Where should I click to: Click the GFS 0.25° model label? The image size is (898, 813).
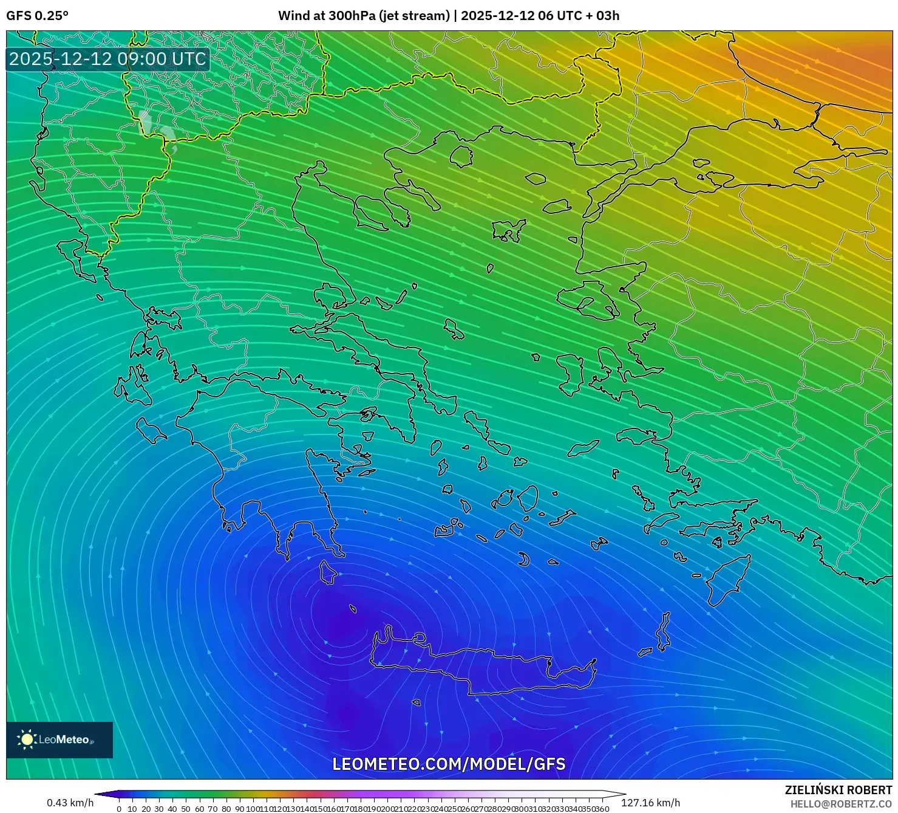coord(37,16)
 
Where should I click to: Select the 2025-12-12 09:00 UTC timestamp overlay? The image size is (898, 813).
coord(107,59)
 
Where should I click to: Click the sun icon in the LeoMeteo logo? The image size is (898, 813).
coord(27,739)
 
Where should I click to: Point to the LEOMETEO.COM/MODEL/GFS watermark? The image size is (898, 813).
coord(449,764)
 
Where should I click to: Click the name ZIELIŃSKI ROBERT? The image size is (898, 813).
coord(838,791)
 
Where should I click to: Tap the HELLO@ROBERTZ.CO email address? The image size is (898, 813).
coord(841,804)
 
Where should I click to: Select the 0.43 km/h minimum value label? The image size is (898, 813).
coord(70,803)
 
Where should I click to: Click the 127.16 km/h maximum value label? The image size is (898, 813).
coord(650,803)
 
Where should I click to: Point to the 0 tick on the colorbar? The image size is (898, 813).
coord(119,809)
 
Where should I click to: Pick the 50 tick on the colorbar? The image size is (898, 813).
coord(186,809)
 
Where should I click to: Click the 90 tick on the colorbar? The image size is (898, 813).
coord(240,809)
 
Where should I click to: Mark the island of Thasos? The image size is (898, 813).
coord(461,156)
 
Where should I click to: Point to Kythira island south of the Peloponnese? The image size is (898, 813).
coord(328,572)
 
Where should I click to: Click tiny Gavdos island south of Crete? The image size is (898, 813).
coord(417,703)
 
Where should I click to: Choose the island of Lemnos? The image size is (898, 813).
coord(509,231)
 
